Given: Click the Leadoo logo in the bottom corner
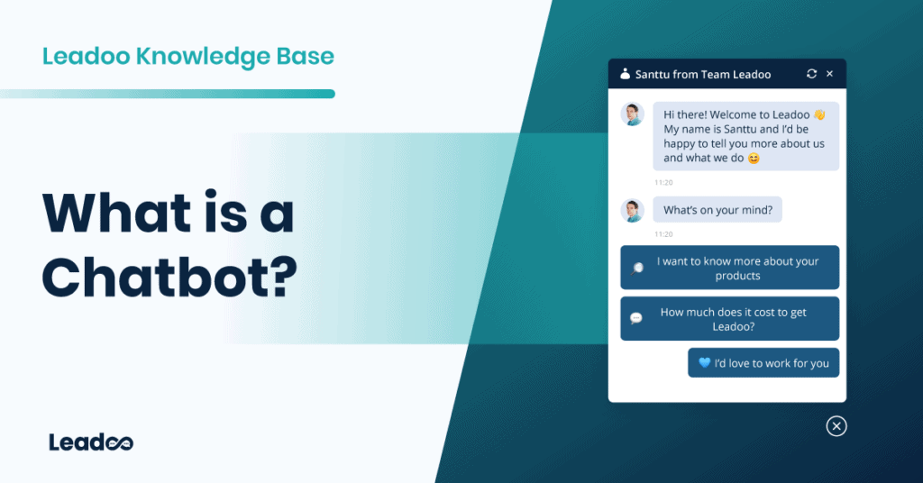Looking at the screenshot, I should tap(91, 442).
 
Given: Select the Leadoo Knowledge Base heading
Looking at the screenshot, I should tap(188, 57).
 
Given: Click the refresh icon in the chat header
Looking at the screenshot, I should tap(811, 74).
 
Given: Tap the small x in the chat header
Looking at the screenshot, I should tap(830, 74).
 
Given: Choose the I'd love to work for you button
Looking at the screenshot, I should tap(763, 363).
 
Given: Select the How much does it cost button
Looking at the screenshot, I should tap(729, 319).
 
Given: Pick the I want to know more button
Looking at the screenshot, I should tap(729, 268).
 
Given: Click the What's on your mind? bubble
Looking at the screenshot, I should tap(717, 210).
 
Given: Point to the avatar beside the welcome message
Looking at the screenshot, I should tap(632, 114).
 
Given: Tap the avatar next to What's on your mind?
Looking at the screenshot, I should tap(632, 210).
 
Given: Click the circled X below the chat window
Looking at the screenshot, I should tap(836, 426).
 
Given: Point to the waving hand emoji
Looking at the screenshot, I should tap(818, 115).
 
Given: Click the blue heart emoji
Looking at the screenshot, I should tap(705, 363).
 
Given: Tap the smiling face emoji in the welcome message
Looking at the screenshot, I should tap(754, 159).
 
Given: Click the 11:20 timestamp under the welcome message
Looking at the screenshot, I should tap(663, 182).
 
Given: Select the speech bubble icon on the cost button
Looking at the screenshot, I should tap(636, 318).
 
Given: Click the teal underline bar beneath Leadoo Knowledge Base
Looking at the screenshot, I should tap(168, 94).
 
